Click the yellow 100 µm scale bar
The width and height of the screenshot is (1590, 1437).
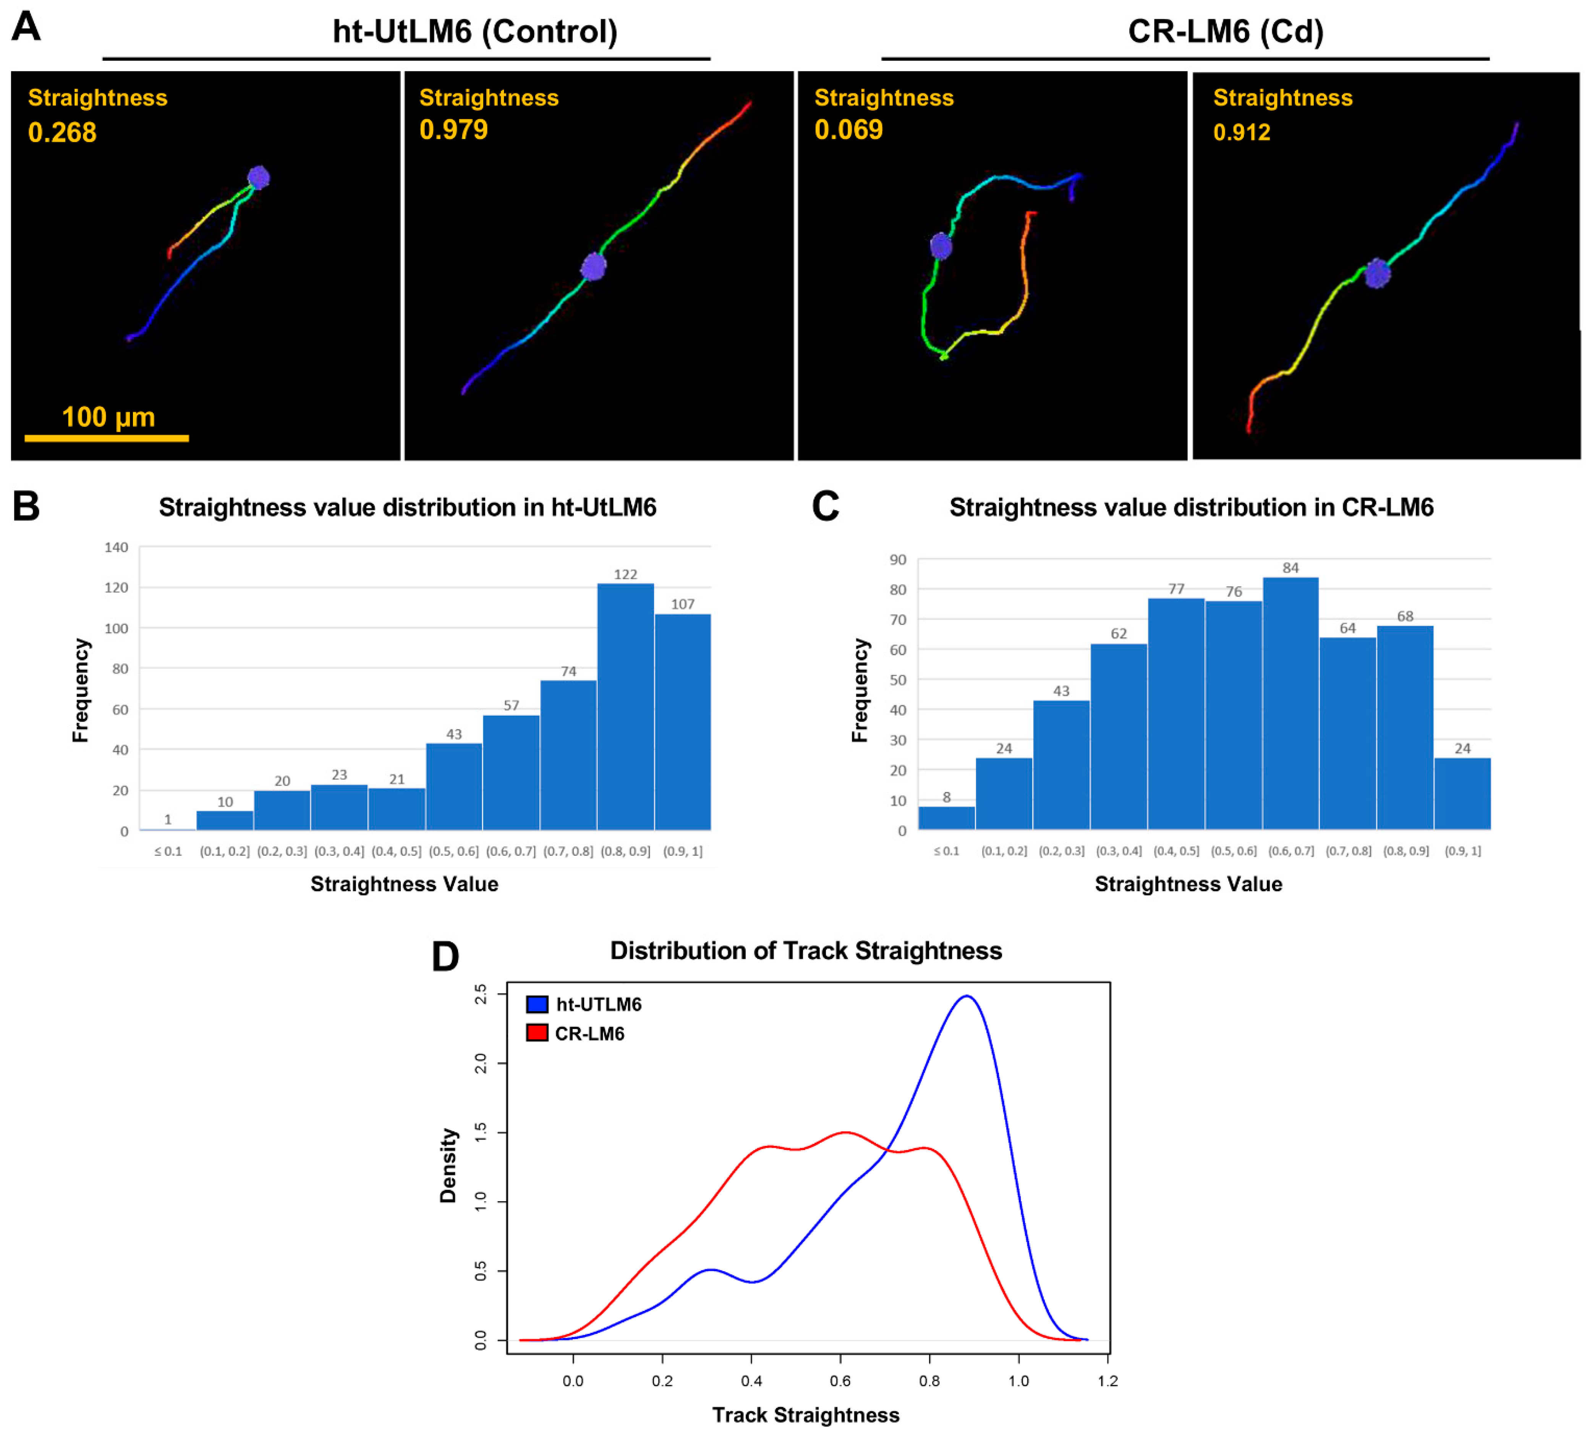pos(107,438)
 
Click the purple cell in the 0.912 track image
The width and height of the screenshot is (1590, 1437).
pos(1377,274)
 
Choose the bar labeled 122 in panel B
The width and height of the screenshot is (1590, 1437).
pos(625,706)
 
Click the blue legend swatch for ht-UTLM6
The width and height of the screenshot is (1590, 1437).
pos(537,1004)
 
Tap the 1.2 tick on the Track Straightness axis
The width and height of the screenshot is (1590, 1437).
pos(1107,1380)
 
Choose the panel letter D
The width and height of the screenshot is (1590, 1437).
pos(445,957)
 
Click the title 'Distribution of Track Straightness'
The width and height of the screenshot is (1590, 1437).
pos(806,950)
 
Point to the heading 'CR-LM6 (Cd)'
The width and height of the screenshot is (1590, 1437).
pos(1226,32)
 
